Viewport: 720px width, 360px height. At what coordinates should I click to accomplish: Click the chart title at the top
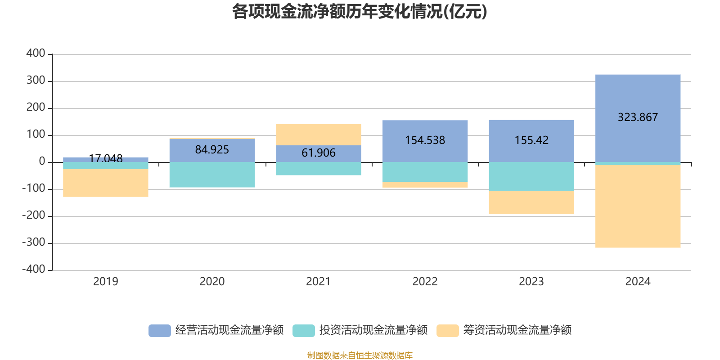pos(360,12)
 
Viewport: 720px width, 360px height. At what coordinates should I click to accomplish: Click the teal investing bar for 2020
pos(212,175)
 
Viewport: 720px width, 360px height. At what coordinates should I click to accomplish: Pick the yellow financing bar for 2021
pos(318,135)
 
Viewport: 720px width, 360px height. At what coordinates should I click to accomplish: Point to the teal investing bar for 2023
pos(531,176)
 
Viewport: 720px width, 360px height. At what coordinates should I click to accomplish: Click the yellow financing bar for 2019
pos(105,183)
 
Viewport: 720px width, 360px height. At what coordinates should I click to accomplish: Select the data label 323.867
pos(638,117)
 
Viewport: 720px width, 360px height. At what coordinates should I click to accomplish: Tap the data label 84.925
pos(212,150)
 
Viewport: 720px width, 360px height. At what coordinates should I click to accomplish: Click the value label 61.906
pos(318,153)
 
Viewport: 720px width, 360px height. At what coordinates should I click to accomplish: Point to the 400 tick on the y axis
pos(36,54)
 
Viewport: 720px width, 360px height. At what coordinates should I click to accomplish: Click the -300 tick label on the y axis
pos(34,243)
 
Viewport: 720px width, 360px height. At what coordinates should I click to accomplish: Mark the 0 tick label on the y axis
pos(42,162)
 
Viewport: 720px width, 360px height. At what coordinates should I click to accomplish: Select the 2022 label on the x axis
pos(425,282)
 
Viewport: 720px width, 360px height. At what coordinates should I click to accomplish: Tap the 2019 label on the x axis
pos(105,282)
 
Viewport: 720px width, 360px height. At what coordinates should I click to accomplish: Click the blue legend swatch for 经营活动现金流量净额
pos(160,330)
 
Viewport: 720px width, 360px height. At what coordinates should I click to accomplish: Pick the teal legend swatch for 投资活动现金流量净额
pos(304,330)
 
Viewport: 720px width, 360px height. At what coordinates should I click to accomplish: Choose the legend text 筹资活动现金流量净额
pos(517,330)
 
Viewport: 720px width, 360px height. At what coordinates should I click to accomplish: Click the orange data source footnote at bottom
pos(360,355)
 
